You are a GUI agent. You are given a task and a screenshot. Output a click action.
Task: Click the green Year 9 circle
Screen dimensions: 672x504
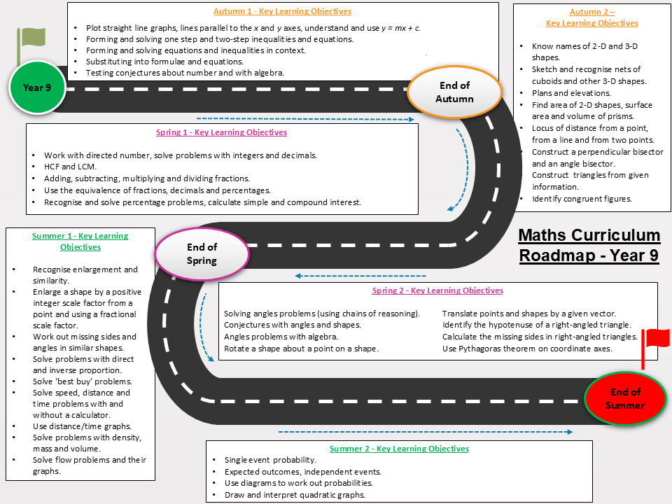pos(37,87)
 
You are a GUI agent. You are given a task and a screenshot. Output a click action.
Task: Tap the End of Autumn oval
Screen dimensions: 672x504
pos(454,92)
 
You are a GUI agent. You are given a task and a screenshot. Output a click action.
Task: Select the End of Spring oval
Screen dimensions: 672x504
pos(202,253)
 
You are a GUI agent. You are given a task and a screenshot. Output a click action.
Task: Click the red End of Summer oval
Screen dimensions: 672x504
pos(625,398)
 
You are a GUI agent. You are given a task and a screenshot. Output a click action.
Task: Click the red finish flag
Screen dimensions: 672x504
pos(655,348)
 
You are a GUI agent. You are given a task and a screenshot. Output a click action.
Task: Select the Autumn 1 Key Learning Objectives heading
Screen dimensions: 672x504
pos(282,11)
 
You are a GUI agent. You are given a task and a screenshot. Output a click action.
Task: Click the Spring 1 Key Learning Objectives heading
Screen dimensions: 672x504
pos(222,132)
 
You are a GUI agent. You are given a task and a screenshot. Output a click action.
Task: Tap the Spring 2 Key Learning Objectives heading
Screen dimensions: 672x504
pos(437,290)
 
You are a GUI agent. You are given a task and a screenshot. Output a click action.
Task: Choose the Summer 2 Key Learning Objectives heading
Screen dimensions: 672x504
pos(399,448)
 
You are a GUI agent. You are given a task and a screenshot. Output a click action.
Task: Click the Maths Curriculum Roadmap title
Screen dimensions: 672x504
pos(589,245)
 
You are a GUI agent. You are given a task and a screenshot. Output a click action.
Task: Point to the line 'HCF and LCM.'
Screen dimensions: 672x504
pos(70,167)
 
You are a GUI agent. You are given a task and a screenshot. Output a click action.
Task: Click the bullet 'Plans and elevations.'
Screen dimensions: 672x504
pos(571,93)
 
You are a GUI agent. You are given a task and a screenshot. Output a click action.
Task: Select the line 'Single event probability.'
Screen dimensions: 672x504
pos(270,460)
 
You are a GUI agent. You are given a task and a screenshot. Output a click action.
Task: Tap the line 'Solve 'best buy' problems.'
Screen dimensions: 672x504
pos(83,381)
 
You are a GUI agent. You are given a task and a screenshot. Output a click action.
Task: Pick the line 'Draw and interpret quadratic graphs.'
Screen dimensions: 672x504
pos(295,495)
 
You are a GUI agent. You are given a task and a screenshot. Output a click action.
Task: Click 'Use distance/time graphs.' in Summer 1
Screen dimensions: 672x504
pos(83,426)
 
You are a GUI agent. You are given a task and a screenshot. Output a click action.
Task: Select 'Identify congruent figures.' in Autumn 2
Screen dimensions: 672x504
pos(582,199)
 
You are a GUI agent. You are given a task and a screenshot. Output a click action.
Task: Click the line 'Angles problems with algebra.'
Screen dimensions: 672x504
pos(281,337)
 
